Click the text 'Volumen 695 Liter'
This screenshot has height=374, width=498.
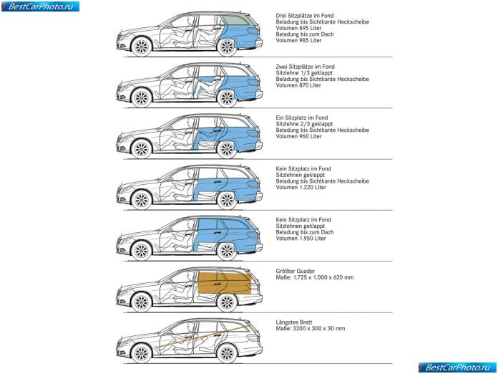tap(298, 28)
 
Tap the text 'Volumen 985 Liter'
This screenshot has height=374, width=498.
tap(298, 40)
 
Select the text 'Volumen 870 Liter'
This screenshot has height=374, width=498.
tap(298, 85)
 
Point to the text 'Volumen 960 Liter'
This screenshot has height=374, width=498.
tap(298, 136)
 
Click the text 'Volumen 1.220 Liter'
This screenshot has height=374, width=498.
tap(301, 187)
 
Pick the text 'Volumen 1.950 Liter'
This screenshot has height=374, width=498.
tap(301, 238)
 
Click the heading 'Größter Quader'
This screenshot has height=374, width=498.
tap(296, 272)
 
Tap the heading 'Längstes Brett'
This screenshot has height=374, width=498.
tap(294, 322)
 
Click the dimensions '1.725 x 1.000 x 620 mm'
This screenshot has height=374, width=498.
tap(323, 277)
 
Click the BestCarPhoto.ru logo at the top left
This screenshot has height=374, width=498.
tap(40, 6)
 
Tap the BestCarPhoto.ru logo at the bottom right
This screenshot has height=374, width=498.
tap(458, 368)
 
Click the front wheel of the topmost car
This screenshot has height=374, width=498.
tap(142, 47)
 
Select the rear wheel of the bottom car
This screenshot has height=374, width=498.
tap(227, 353)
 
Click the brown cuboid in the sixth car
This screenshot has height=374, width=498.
tap(225, 283)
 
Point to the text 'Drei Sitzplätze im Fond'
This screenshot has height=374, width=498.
tap(305, 16)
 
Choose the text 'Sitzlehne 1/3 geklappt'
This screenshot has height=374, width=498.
tap(304, 73)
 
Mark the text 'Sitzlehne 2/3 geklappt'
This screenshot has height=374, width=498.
tap(304, 124)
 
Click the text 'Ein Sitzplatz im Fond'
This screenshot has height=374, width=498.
tap(302, 118)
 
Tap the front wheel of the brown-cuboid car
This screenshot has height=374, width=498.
tap(142, 302)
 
